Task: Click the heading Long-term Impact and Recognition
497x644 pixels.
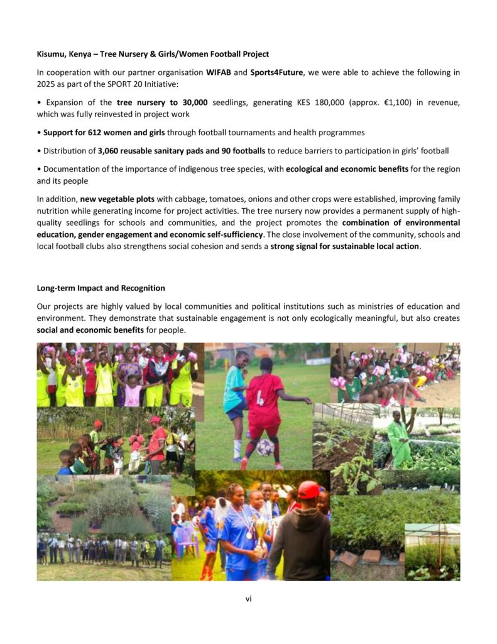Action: tap(101, 288)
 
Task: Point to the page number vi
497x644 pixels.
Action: tap(248, 599)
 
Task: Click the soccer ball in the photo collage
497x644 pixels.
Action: tap(265, 447)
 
